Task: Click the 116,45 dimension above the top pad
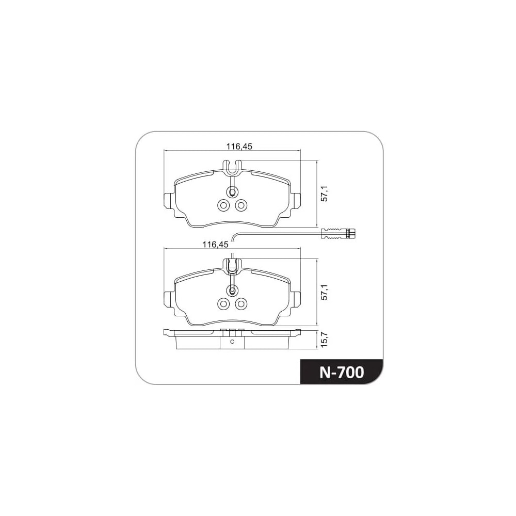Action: coord(239,147)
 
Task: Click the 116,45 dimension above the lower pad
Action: coord(215,245)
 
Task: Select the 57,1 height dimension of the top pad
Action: coord(325,193)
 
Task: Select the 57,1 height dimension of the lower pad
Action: coord(325,292)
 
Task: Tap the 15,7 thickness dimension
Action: coord(325,340)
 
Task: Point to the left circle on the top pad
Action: coord(223,205)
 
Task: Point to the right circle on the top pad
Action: coord(240,205)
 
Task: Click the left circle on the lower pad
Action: coord(223,304)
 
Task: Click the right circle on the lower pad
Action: coord(240,304)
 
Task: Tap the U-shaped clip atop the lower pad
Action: coord(232,266)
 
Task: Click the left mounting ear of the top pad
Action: coord(169,200)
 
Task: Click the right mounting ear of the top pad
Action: coord(296,200)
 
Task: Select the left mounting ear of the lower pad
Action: coord(169,299)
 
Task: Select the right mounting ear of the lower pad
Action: coord(296,299)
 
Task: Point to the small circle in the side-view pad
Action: coord(232,342)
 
